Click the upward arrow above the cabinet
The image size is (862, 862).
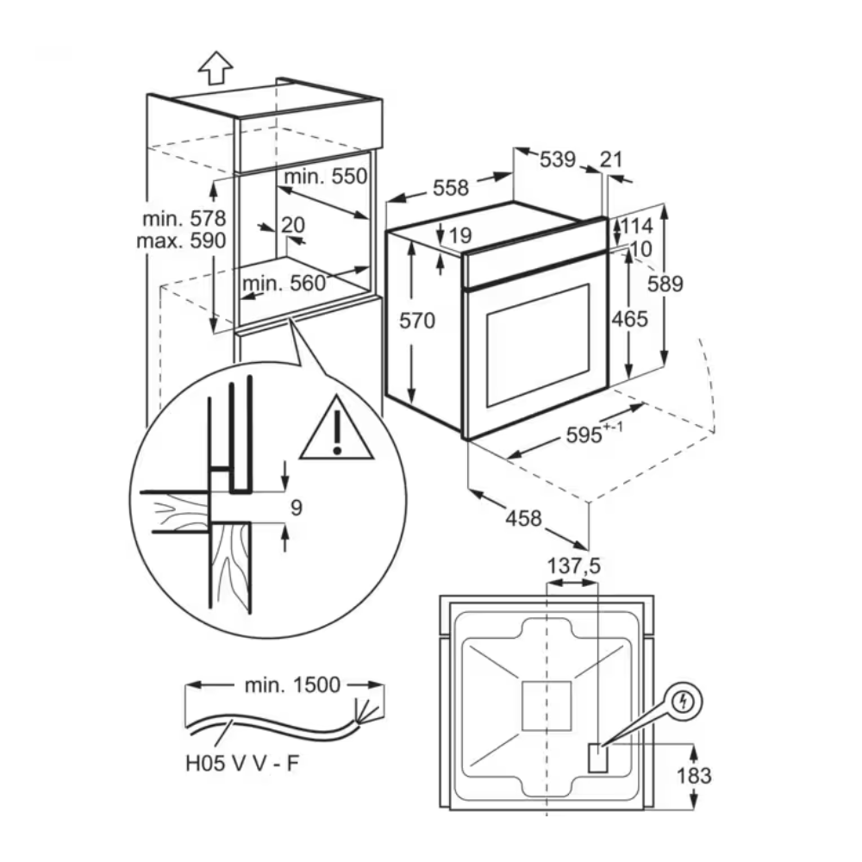(215, 66)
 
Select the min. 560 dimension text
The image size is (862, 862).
(284, 283)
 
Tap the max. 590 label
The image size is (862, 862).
(182, 240)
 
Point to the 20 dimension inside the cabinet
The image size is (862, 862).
(293, 225)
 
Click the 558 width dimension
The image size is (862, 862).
(451, 188)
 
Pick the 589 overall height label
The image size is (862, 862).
(665, 284)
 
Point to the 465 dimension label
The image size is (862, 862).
(630, 319)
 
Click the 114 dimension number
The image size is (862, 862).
(637, 227)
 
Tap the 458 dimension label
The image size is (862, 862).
(524, 518)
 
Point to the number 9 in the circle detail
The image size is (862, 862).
(295, 509)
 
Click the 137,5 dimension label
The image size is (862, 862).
(573, 565)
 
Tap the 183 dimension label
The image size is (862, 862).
(694, 775)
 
